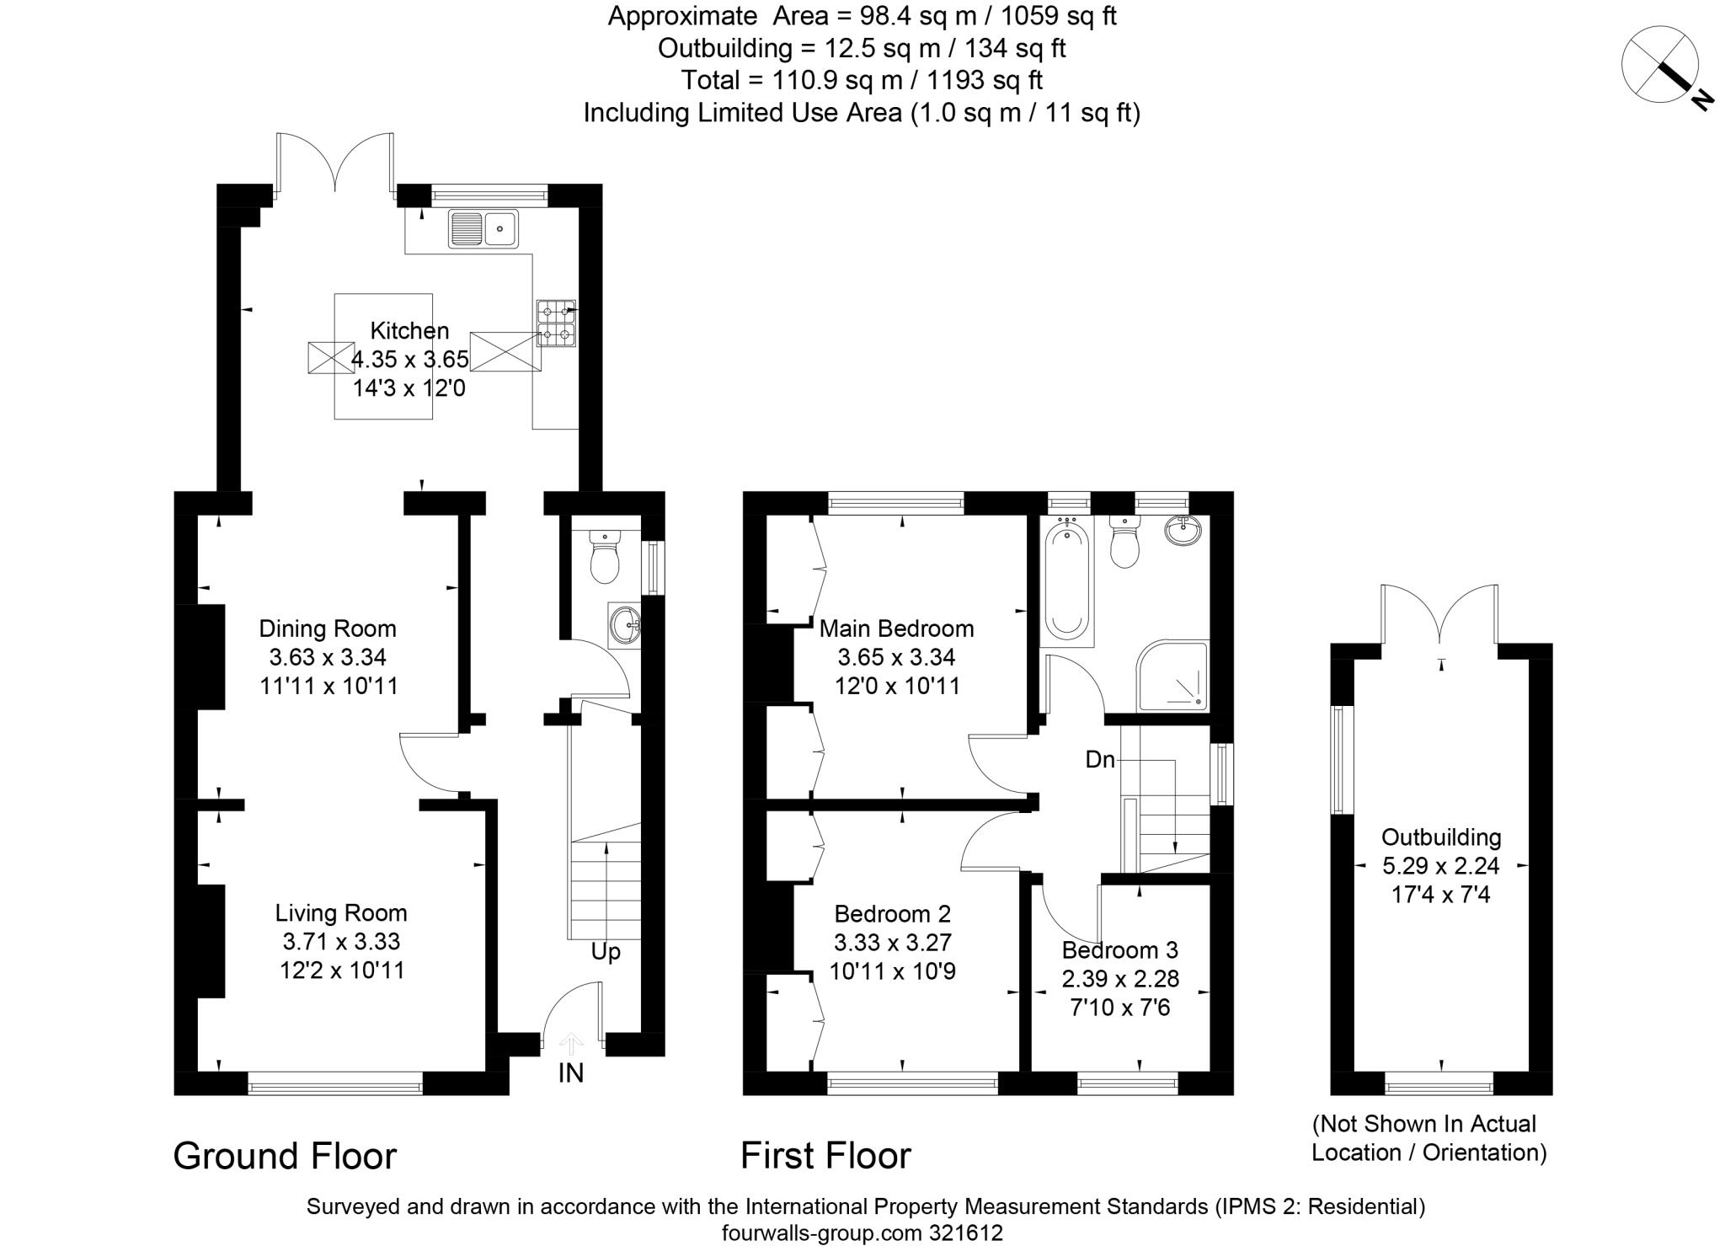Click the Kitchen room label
click(410, 331)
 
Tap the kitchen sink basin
click(483, 228)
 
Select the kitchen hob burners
click(557, 324)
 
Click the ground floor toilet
click(605, 555)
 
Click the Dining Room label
click(328, 628)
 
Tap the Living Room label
click(341, 913)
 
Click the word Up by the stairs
click(606, 952)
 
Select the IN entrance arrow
click(571, 1045)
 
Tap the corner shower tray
click(1172, 676)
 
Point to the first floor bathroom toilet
click(1124, 541)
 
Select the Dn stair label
click(1100, 760)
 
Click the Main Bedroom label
click(897, 628)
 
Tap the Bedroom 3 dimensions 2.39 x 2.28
click(1120, 979)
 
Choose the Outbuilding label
click(1441, 837)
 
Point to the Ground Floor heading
click(285, 1156)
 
